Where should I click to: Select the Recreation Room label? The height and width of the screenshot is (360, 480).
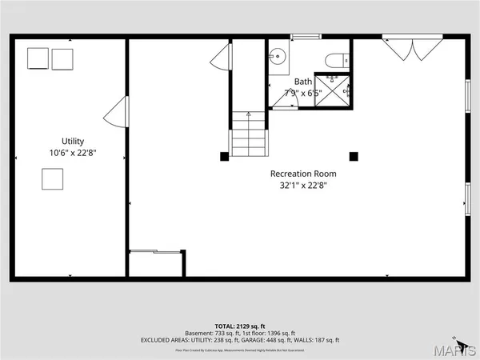tap(303, 174)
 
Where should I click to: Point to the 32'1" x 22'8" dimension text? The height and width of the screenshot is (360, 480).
tap(303, 186)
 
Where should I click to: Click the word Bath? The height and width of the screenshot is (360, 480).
tap(303, 82)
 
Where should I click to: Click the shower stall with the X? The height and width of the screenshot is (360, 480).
tap(332, 89)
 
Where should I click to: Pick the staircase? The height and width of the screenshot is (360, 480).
tap(248, 134)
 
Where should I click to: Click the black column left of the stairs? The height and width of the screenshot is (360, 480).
tap(225, 156)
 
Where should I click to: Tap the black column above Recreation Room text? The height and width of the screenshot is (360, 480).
tap(354, 156)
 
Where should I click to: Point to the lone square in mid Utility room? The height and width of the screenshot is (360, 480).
tap(52, 179)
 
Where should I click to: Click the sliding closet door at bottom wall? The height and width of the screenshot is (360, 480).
tap(156, 254)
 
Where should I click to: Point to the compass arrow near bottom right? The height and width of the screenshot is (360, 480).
tap(454, 338)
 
